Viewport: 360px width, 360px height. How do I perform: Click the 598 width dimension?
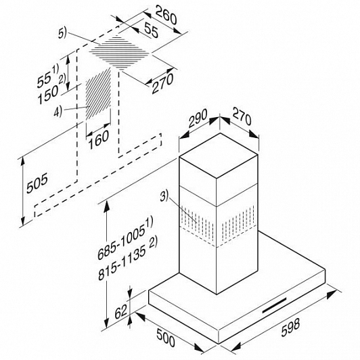point(290,328)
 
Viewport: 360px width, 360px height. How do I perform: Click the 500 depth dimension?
point(166,337)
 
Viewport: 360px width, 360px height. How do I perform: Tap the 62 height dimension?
point(120,311)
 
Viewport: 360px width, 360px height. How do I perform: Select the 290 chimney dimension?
point(198,118)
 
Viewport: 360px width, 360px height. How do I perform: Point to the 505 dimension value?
point(37,183)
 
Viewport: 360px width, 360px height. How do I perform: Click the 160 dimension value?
point(99,139)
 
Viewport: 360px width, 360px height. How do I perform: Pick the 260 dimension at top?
point(166,15)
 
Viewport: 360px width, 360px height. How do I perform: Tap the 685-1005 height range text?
point(125,238)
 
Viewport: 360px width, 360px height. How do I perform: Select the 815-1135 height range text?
point(127,259)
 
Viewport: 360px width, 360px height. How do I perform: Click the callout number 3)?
point(164,196)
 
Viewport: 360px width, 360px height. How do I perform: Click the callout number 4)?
point(58,112)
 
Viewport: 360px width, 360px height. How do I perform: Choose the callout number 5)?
point(62,34)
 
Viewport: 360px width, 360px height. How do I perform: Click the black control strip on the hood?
point(274,305)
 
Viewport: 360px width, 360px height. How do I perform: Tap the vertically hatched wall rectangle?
point(98,93)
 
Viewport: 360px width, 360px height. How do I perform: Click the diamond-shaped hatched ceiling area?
point(119,53)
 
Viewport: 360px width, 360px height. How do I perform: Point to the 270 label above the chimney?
point(242,116)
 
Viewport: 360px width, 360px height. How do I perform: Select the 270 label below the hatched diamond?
point(162,84)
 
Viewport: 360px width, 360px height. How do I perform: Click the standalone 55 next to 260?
point(152,31)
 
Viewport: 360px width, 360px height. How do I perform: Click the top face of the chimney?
point(219,156)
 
